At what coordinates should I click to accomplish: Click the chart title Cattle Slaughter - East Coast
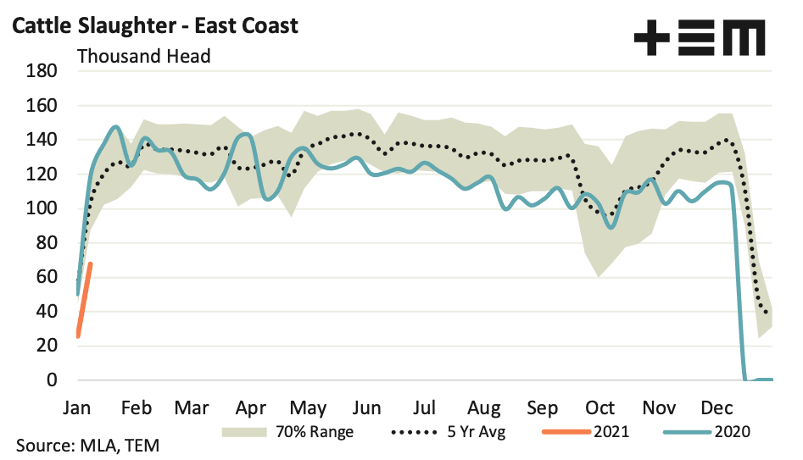click(153, 25)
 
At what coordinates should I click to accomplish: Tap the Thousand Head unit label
click(143, 57)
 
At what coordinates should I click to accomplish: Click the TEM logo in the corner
click(700, 37)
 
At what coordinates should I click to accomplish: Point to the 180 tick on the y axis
click(42, 71)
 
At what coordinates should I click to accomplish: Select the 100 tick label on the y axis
click(42, 208)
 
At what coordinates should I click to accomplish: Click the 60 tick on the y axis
click(47, 277)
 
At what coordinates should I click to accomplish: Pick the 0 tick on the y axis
click(52, 380)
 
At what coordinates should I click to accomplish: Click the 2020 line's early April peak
click(245, 134)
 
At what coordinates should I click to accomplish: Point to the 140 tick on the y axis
click(42, 140)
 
